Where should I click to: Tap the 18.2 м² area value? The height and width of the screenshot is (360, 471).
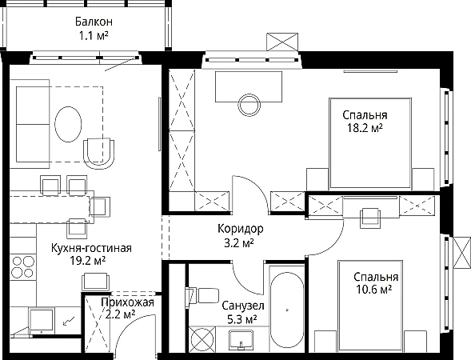coord(365,128)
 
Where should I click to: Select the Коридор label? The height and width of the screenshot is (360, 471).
coord(241,229)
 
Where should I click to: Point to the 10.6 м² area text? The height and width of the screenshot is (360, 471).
coord(374,290)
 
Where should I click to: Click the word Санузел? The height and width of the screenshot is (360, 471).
coord(243,306)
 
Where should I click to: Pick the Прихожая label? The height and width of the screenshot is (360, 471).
coord(128,302)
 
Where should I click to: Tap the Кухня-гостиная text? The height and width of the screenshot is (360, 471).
coord(91,248)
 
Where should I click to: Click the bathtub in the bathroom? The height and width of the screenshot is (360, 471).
coord(287,310)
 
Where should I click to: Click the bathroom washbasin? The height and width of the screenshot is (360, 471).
coord(241,339)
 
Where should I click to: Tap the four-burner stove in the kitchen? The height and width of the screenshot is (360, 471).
coord(23,267)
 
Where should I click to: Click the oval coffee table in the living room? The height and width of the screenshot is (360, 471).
coord(68,124)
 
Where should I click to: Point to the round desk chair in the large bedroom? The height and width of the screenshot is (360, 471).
coord(249,105)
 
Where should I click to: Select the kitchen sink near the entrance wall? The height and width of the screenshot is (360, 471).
coord(42,320)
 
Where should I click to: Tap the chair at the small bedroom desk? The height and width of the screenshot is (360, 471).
coord(370,218)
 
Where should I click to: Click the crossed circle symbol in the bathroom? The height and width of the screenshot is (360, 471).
coord(202,339)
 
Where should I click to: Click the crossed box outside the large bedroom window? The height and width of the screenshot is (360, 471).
coord(282,42)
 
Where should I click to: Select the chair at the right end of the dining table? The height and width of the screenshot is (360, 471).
coord(100,206)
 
